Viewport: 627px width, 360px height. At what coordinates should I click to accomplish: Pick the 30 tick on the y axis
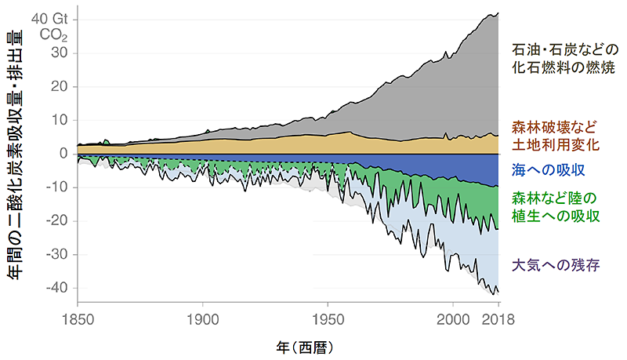click(x=58, y=53)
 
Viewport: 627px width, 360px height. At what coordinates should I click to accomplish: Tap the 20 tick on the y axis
click(x=58, y=87)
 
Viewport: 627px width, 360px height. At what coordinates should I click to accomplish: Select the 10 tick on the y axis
click(x=58, y=120)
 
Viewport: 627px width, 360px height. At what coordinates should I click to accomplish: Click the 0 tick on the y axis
click(x=63, y=154)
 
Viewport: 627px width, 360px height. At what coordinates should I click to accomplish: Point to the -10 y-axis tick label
click(x=55, y=187)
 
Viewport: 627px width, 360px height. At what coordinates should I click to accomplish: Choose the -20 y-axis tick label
click(x=55, y=221)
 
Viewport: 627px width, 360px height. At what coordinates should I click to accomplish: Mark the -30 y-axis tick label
click(x=55, y=255)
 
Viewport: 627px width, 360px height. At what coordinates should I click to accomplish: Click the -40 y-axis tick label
click(x=55, y=288)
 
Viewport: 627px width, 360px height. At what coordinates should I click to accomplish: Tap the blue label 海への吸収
click(x=549, y=169)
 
